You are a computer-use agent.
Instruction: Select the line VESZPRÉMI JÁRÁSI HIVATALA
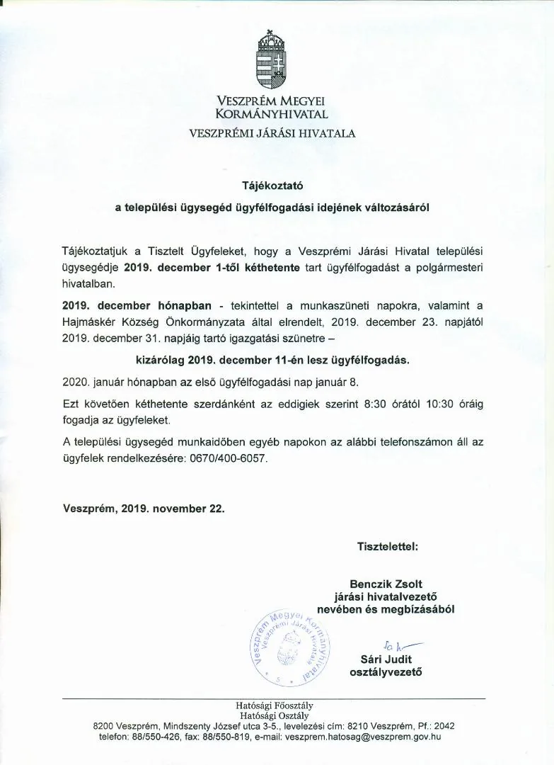pyautogui.click(x=272, y=132)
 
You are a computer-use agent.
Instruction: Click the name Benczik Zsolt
pyautogui.click(x=391, y=584)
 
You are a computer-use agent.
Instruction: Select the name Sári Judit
pyautogui.click(x=386, y=659)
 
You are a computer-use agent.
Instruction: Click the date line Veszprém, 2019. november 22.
pyautogui.click(x=144, y=508)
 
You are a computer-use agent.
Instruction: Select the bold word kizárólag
pyautogui.click(x=161, y=359)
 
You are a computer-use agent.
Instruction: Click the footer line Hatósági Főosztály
pyautogui.click(x=275, y=705)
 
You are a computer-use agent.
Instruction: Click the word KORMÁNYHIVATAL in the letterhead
pyautogui.click(x=272, y=113)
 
